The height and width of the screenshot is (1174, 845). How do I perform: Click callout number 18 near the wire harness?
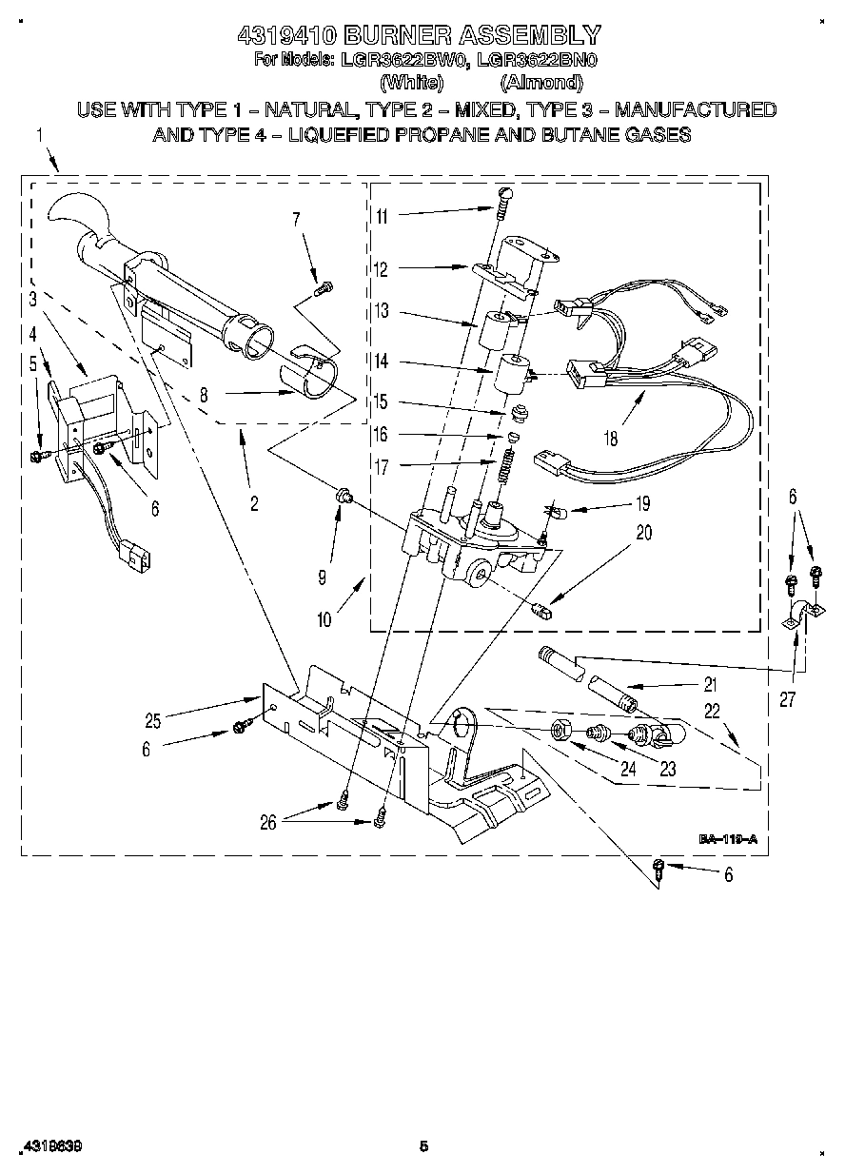pos(610,439)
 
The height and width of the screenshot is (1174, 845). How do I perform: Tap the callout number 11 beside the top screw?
pos(381,216)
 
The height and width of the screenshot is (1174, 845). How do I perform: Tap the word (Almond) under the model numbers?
pos(541,82)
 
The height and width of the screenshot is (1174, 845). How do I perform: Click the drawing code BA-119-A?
pos(728,839)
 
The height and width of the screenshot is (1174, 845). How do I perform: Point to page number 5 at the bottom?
pos(424,1146)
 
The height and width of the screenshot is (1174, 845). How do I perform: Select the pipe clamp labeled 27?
pos(797,614)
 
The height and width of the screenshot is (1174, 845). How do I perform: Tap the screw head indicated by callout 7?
pos(325,284)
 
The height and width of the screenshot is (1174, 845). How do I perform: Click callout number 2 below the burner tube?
pos(254,504)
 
